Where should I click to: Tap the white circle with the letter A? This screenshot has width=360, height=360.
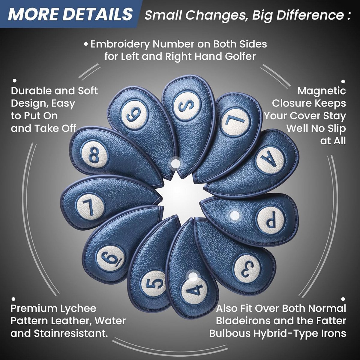(x=270, y=159)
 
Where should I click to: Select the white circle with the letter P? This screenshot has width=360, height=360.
(x=271, y=220)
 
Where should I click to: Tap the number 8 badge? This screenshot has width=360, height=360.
(x=94, y=154)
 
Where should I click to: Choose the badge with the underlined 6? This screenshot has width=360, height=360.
(x=112, y=259)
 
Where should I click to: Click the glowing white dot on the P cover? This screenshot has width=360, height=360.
(x=235, y=216)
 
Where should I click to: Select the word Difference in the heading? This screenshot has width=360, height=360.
(x=310, y=15)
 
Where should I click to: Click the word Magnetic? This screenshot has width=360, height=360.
(x=322, y=91)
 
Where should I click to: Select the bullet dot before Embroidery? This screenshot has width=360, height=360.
(x=86, y=45)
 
